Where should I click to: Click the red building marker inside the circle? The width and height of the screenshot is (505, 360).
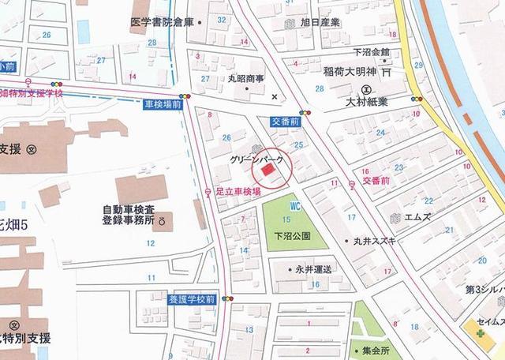pyautogui.click(x=267, y=169)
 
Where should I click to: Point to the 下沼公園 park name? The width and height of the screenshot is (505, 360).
pyautogui.click(x=292, y=235)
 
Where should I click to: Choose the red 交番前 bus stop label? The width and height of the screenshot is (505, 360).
pyautogui.click(x=376, y=181)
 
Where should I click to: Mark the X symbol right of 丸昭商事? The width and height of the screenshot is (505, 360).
pyautogui.click(x=275, y=96)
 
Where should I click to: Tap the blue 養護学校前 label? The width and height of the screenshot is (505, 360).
pyautogui.click(x=191, y=298)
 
